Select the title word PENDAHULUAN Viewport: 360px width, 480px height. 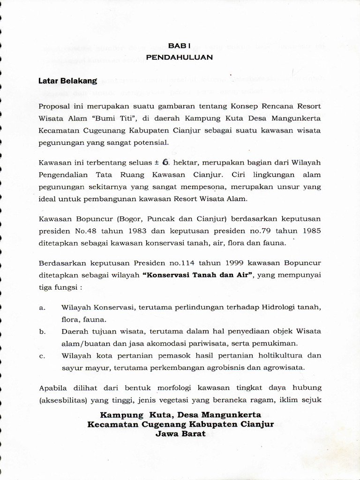pos(180,57)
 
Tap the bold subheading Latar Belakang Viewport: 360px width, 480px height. pos(67,81)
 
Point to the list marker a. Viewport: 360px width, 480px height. pos(42,308)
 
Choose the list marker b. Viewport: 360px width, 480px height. pos(42,331)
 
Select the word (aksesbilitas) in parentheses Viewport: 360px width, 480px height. pos(64,401)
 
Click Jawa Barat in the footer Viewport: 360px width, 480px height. pos(180,434)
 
